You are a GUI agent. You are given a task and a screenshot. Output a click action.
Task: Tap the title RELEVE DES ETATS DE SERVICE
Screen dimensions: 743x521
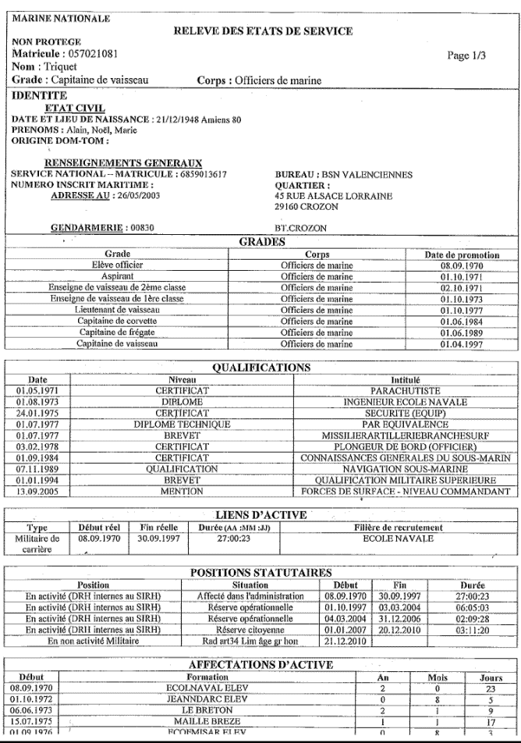coord(262,31)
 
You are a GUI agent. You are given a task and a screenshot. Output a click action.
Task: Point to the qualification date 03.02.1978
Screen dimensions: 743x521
coord(38,446)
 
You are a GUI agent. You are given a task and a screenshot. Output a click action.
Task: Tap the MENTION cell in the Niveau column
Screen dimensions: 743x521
coord(182,492)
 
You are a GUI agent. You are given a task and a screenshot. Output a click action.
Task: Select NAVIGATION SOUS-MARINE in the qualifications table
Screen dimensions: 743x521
coord(406,469)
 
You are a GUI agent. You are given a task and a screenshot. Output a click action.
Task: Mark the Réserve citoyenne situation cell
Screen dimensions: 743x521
coord(250,629)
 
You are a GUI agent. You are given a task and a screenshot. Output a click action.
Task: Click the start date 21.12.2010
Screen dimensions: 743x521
coord(344,641)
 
